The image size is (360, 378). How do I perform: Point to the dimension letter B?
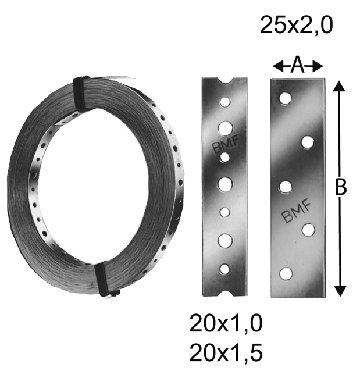point(341,187)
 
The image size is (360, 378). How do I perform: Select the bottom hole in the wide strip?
point(285,273)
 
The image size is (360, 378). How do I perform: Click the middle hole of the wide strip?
point(285,187)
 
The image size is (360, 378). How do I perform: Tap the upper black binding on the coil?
point(82,93)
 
